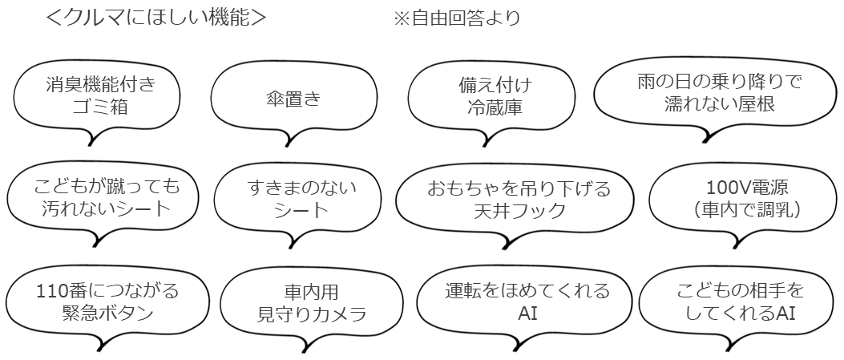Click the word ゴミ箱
[x=95, y=107]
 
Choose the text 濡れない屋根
[x=719, y=105]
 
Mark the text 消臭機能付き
[x=95, y=85]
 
